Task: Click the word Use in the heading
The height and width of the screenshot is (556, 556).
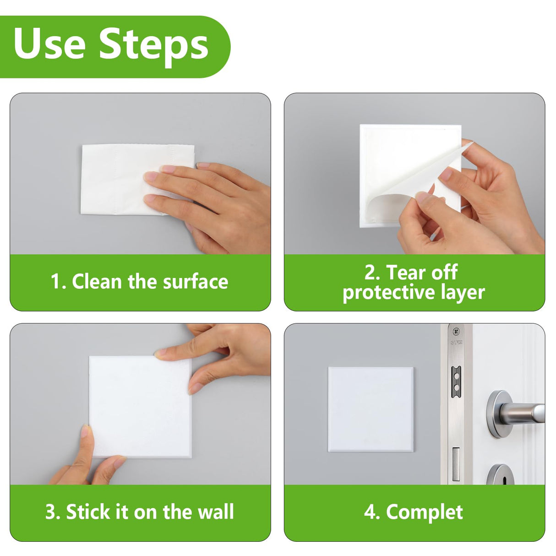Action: click(x=49, y=44)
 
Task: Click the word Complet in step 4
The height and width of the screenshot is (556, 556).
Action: click(x=424, y=512)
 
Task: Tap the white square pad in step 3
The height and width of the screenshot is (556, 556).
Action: click(x=137, y=408)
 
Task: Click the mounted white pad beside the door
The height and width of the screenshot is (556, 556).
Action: click(x=371, y=409)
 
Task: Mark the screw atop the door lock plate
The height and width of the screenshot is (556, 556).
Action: click(x=456, y=332)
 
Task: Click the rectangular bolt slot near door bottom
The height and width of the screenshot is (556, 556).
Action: click(x=456, y=464)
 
